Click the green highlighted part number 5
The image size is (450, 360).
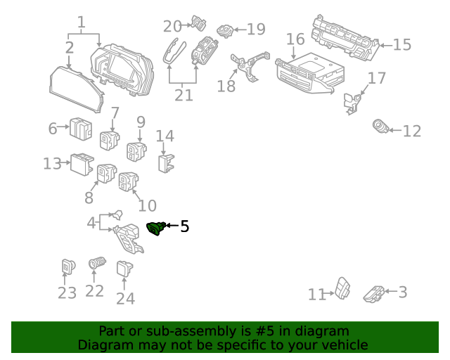[155, 226]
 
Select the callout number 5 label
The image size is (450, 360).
[184, 226]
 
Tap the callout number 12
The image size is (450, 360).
[411, 131]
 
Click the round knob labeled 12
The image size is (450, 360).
[380, 127]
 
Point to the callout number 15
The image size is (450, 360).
[401, 45]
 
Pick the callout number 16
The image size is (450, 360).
[295, 39]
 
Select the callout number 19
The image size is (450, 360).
[256, 30]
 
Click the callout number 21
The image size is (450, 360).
[184, 95]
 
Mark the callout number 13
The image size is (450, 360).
[52, 164]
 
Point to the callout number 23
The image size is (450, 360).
[67, 292]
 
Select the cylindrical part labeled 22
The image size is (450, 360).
[96, 265]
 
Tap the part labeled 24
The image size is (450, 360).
[124, 268]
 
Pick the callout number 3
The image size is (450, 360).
[403, 292]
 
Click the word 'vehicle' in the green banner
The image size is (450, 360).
[345, 345]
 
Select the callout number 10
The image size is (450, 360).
[147, 206]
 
